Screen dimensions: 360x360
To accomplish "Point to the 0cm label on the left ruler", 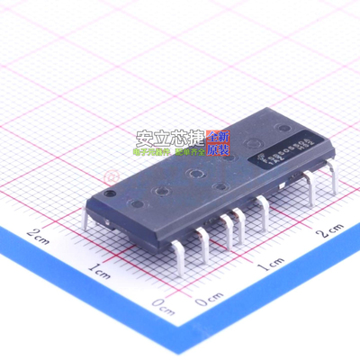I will [x=162, y=302].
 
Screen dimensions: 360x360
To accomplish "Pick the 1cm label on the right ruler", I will [x=270, y=267].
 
